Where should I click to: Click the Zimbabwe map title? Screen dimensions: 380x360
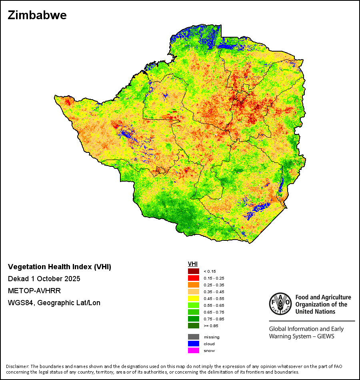37,15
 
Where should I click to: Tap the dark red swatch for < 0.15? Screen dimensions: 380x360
193,271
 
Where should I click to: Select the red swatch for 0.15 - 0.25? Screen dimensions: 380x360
193,278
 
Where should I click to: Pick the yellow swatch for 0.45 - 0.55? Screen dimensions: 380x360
193,298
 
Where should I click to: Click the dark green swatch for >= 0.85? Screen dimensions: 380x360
193,326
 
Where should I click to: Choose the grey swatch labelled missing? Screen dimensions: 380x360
193,337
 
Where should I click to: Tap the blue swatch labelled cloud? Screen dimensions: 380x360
193,344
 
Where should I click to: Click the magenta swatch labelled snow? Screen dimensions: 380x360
193,350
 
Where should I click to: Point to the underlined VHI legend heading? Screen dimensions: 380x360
193,264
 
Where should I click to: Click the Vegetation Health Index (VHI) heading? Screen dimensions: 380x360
60,267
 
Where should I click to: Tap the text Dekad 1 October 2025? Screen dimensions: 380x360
44,279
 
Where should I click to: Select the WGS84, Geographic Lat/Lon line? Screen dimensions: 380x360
54,303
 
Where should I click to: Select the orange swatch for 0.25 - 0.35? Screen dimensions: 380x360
193,285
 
